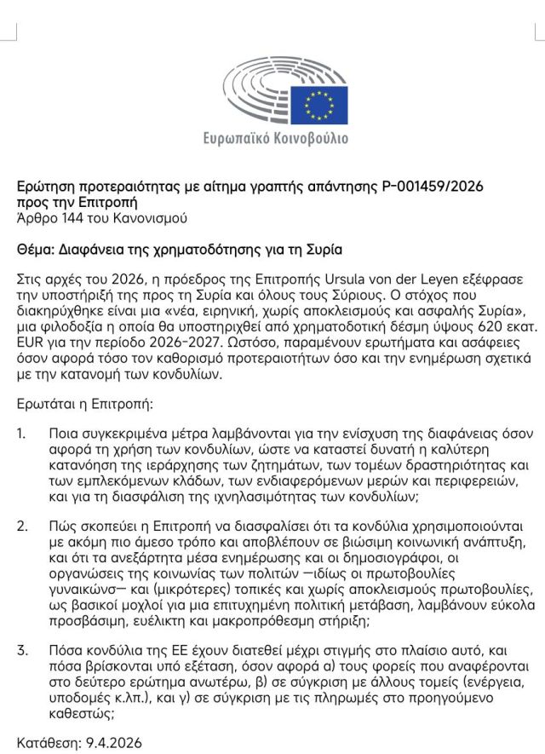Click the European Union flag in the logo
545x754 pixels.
coord(325,104)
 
